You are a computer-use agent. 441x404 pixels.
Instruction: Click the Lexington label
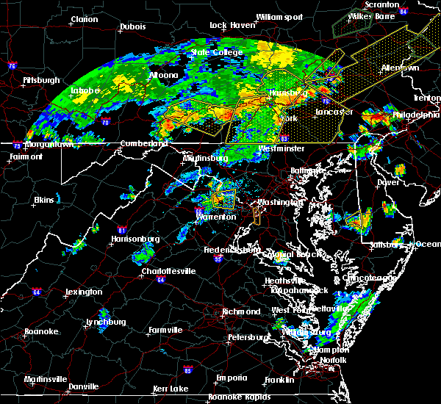click(x=83, y=292)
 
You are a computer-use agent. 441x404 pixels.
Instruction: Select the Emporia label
click(x=231, y=378)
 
